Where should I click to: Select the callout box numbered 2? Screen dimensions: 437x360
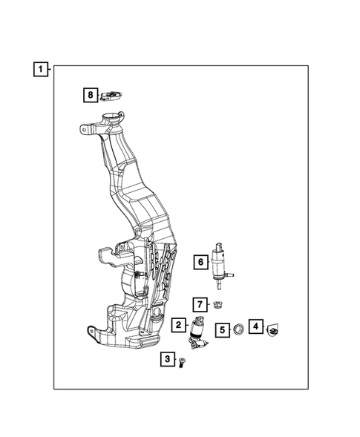(x=179, y=324)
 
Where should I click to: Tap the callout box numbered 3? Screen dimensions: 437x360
(x=168, y=360)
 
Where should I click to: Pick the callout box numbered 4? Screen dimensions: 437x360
(x=255, y=326)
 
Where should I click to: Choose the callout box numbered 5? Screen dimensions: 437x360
(x=222, y=329)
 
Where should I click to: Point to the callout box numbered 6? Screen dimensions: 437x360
(x=200, y=262)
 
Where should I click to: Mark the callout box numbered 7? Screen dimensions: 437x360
(x=200, y=304)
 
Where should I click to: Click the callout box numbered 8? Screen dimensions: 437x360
(x=89, y=94)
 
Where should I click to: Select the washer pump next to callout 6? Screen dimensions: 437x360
(x=220, y=263)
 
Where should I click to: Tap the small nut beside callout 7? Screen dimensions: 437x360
(x=217, y=304)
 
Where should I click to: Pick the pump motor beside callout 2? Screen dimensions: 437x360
(x=199, y=331)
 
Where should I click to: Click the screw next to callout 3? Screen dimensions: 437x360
(x=183, y=361)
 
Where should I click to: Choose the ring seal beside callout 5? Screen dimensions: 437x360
(x=240, y=329)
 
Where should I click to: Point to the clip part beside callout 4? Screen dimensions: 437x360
(x=272, y=327)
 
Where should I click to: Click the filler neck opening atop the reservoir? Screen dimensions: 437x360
(x=114, y=116)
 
